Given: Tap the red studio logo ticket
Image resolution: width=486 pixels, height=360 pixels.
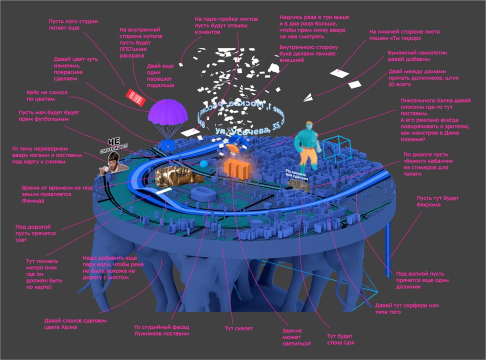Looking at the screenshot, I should click(x=136, y=97).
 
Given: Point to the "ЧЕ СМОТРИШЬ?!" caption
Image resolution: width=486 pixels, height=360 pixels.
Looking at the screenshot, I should click(x=114, y=146).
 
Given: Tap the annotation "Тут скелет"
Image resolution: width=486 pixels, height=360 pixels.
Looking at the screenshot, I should click(x=239, y=329).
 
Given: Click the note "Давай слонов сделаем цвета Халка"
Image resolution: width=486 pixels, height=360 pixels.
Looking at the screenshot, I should click(x=75, y=324).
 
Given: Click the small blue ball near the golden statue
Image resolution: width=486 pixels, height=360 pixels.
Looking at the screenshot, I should click(x=204, y=163).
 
